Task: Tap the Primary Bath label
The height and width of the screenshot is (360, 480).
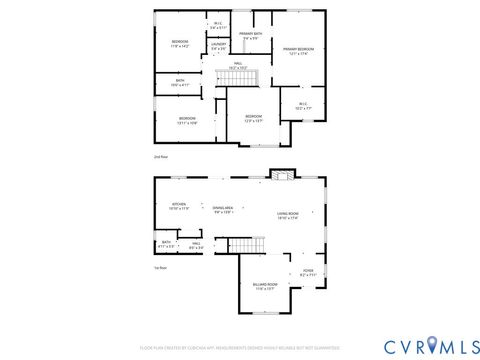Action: pyautogui.click(x=251, y=36)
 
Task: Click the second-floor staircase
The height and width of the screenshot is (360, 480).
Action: pyautogui.click(x=246, y=79)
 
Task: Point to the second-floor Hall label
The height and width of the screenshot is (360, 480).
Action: pyautogui.click(x=238, y=65)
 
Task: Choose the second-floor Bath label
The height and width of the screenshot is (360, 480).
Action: pyautogui.click(x=180, y=83)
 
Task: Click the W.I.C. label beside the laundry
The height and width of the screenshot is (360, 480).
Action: pyautogui.click(x=218, y=25)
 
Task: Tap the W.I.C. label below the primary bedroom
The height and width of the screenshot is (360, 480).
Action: pyautogui.click(x=302, y=105)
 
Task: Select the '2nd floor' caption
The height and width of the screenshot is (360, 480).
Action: pyautogui.click(x=160, y=157)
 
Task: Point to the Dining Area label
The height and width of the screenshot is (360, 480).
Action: pyautogui.click(x=224, y=210)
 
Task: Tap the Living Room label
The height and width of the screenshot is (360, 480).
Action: pyautogui.click(x=288, y=217)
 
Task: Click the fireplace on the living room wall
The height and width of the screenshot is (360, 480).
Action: pyautogui.click(x=282, y=176)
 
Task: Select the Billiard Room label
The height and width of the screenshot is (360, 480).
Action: pyautogui.click(x=265, y=286)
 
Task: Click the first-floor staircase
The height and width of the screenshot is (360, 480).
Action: pyautogui.click(x=240, y=244)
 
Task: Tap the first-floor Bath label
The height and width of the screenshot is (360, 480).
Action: pyautogui.click(x=166, y=244)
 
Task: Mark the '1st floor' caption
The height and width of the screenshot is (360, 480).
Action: pyautogui.click(x=160, y=268)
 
